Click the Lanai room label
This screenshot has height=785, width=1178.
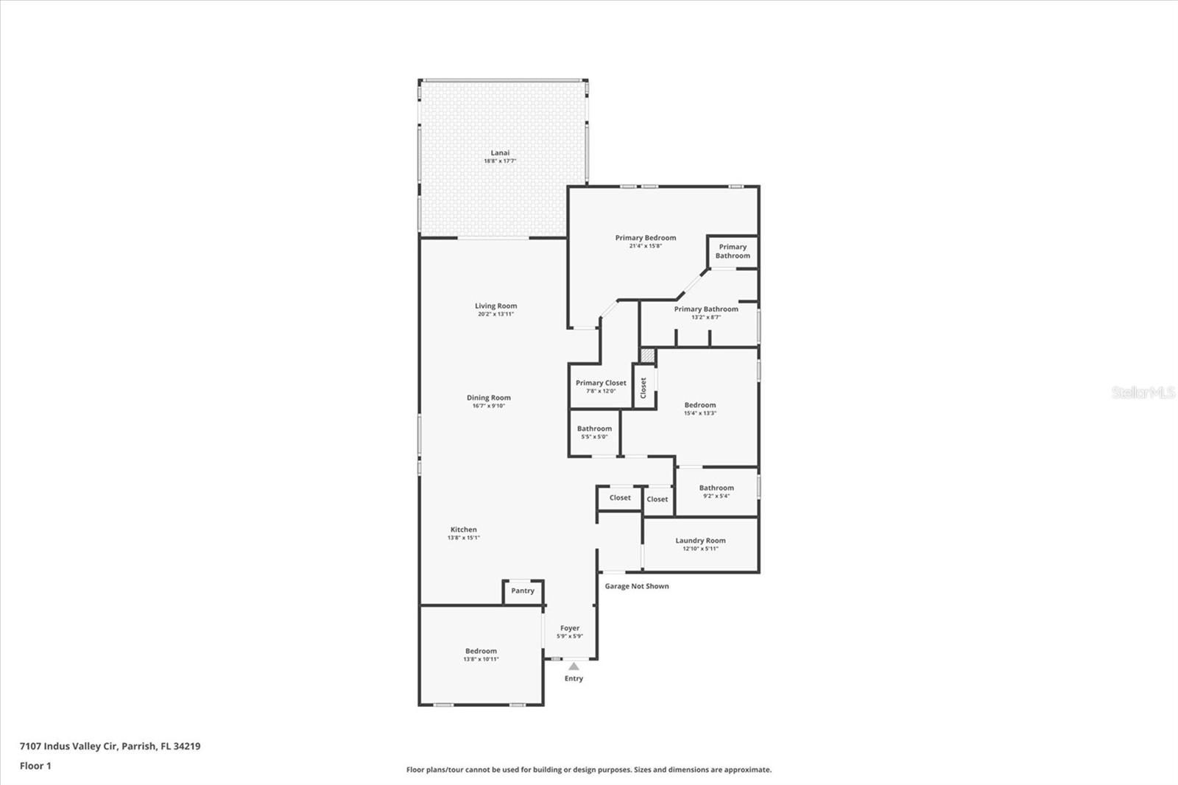click(500, 153)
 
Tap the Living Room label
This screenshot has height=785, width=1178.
click(495, 306)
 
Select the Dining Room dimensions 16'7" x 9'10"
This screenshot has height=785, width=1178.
click(488, 406)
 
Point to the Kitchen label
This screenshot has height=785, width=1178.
click(464, 529)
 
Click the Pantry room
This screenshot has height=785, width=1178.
click(523, 591)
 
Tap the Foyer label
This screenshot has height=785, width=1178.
click(570, 628)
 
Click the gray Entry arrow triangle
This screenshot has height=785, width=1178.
click(574, 666)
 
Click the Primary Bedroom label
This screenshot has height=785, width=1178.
click(646, 238)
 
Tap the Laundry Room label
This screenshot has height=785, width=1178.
click(700, 541)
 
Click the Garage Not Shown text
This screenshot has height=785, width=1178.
click(637, 586)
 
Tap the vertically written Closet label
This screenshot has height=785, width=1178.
click(643, 387)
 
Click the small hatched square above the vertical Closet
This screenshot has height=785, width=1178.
click(646, 355)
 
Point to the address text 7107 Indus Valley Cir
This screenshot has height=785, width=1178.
click(110, 746)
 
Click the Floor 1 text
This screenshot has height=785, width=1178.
click(35, 766)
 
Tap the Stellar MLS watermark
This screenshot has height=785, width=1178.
click(1143, 392)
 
